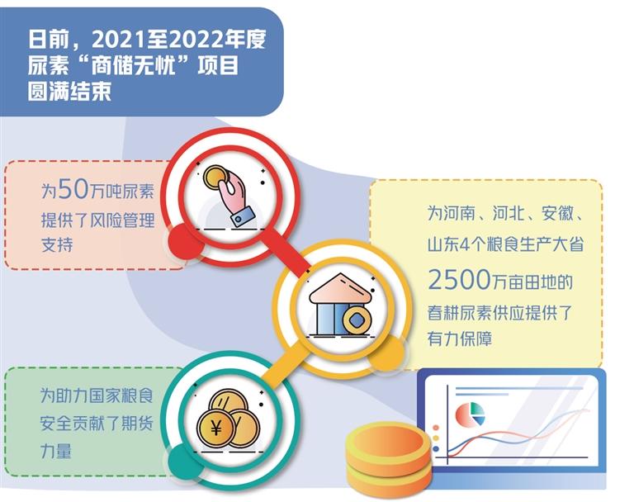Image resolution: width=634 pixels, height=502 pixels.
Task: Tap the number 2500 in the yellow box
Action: point(459,280)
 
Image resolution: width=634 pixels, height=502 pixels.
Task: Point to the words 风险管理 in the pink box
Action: point(122,220)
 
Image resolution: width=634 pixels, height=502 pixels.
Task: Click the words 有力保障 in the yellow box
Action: point(460,339)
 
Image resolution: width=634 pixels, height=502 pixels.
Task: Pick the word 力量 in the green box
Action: point(56,450)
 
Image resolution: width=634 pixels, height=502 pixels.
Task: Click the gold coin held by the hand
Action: point(215,177)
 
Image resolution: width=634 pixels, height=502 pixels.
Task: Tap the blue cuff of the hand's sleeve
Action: point(243,216)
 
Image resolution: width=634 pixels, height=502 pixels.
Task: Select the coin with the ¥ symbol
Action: point(216,428)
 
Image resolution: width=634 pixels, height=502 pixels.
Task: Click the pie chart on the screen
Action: point(470,414)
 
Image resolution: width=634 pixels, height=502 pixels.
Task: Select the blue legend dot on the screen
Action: point(436,448)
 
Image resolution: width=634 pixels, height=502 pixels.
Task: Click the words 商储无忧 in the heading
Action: point(134,65)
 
